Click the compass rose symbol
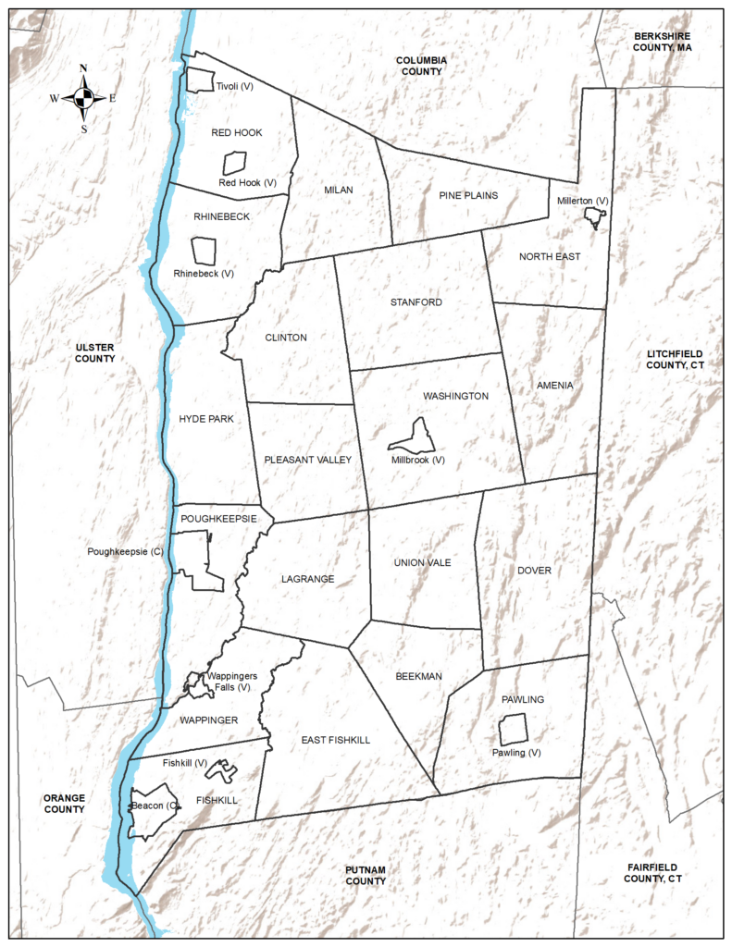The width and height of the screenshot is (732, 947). click(x=83, y=97)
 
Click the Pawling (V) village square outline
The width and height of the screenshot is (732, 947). click(x=513, y=730)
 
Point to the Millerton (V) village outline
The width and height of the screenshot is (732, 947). click(x=593, y=216)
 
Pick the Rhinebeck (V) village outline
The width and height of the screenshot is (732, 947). click(x=204, y=251)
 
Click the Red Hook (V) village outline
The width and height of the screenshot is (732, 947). click(x=234, y=164)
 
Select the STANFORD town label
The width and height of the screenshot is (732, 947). click(x=416, y=302)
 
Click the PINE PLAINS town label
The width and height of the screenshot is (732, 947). click(x=468, y=195)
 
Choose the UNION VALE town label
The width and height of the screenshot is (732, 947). click(x=423, y=562)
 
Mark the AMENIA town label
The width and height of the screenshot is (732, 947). click(x=554, y=385)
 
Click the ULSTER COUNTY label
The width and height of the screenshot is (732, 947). click(x=95, y=351)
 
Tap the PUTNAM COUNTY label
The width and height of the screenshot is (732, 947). click(x=366, y=875)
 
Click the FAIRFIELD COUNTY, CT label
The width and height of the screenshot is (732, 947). click(x=652, y=871)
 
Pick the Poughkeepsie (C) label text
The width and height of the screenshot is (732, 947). click(x=126, y=551)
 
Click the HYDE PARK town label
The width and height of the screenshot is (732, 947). click(x=206, y=419)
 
